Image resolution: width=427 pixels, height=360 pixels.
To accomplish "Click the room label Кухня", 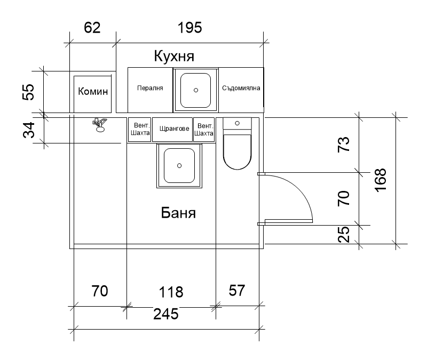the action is coord(174,57).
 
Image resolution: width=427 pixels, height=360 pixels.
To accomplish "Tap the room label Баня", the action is coord(178,213).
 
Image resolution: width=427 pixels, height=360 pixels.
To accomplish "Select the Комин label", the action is coord(93,91).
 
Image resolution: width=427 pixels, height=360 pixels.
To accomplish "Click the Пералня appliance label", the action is coord(150,88).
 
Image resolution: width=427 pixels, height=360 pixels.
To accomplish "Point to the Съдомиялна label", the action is coord(241,88).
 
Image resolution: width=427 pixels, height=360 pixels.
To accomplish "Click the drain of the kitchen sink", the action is coord(196,90).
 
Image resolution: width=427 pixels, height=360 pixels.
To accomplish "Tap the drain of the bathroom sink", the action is coord(179,166).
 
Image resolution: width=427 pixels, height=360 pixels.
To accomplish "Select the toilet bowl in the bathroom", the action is coord(237,151).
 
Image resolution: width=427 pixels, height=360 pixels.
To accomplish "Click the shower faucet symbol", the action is coord(100,125).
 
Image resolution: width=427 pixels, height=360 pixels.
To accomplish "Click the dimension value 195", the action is coord(190,28).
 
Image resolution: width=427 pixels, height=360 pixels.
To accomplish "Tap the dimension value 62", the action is coord(92,28).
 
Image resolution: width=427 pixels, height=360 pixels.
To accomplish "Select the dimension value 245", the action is coord(166,314).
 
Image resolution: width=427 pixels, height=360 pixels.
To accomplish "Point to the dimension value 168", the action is coord(381,180).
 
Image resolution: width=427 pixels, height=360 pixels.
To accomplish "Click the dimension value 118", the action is coord(171,292).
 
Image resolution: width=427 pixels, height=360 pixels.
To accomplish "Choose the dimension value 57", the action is coord(237,291).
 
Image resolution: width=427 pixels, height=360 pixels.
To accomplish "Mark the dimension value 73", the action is coord(344,145).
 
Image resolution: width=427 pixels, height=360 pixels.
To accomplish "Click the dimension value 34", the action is coord(29,130).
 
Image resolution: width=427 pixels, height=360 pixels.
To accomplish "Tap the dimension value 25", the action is coord(344,234).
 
